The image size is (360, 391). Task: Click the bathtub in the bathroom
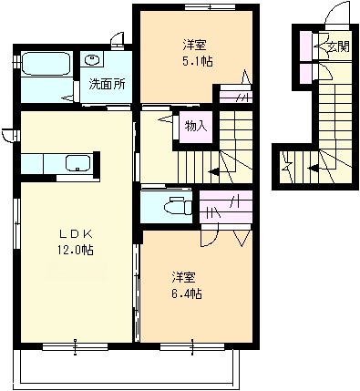pos(46,64)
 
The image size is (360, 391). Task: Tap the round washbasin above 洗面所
pos(91,59)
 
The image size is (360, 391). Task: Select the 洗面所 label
pos(107,85)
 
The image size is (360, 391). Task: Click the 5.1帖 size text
pos(197,62)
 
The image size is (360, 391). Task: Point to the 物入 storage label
pos(196,126)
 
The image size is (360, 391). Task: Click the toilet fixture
pos(178,206)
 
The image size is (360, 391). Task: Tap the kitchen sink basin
pos(78,163)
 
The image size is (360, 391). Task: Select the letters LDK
pos(76,234)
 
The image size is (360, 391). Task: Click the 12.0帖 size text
pos(76,251)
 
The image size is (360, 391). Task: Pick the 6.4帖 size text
pos(187,293)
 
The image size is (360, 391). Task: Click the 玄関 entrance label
pos(338,46)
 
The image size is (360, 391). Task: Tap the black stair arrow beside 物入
pos(213,172)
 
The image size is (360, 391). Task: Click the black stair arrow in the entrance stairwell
pos(313,168)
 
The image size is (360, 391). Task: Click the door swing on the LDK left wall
pos(8,136)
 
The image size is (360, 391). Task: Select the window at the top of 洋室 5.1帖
pos(211,7)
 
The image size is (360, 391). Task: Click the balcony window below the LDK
pos(75,346)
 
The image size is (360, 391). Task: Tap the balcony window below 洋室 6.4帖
pos(192,346)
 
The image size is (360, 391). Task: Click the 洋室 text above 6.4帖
pos(183,277)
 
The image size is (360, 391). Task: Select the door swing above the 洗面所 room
pos(118,41)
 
